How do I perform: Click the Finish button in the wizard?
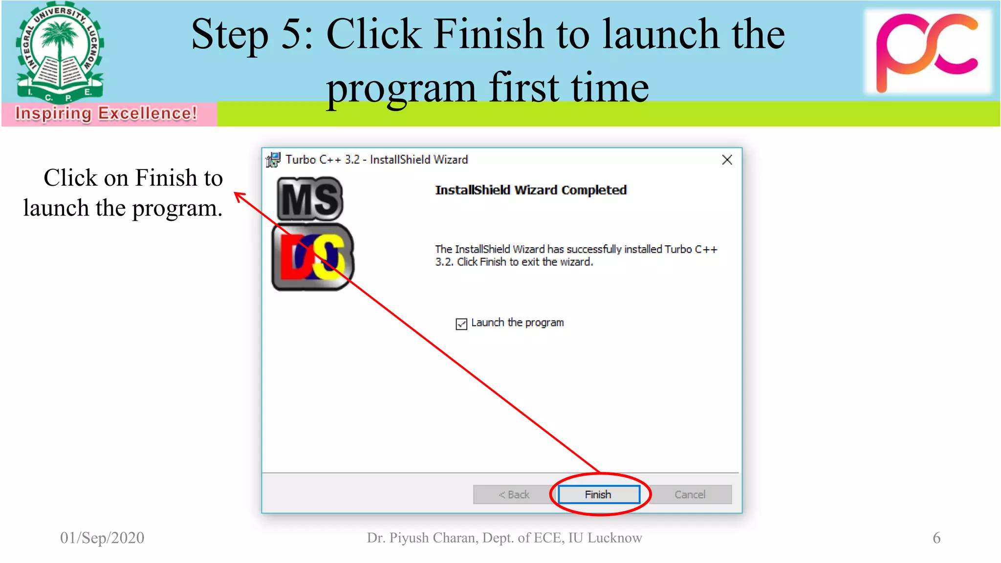[598, 494]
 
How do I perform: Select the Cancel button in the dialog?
[690, 494]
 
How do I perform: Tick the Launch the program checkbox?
[461, 324]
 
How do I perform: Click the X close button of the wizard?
[727, 160]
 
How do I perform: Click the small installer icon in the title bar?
[273, 159]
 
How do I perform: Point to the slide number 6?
[936, 538]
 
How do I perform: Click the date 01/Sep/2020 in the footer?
[102, 538]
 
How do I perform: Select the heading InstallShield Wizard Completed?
[531, 190]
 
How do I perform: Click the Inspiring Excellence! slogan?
[106, 113]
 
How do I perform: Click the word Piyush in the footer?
[409, 538]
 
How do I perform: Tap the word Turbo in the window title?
[301, 160]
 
